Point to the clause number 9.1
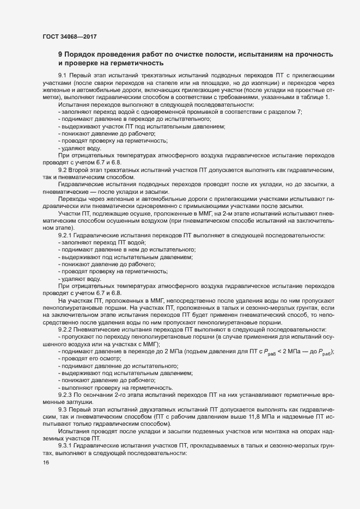[62, 75]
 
